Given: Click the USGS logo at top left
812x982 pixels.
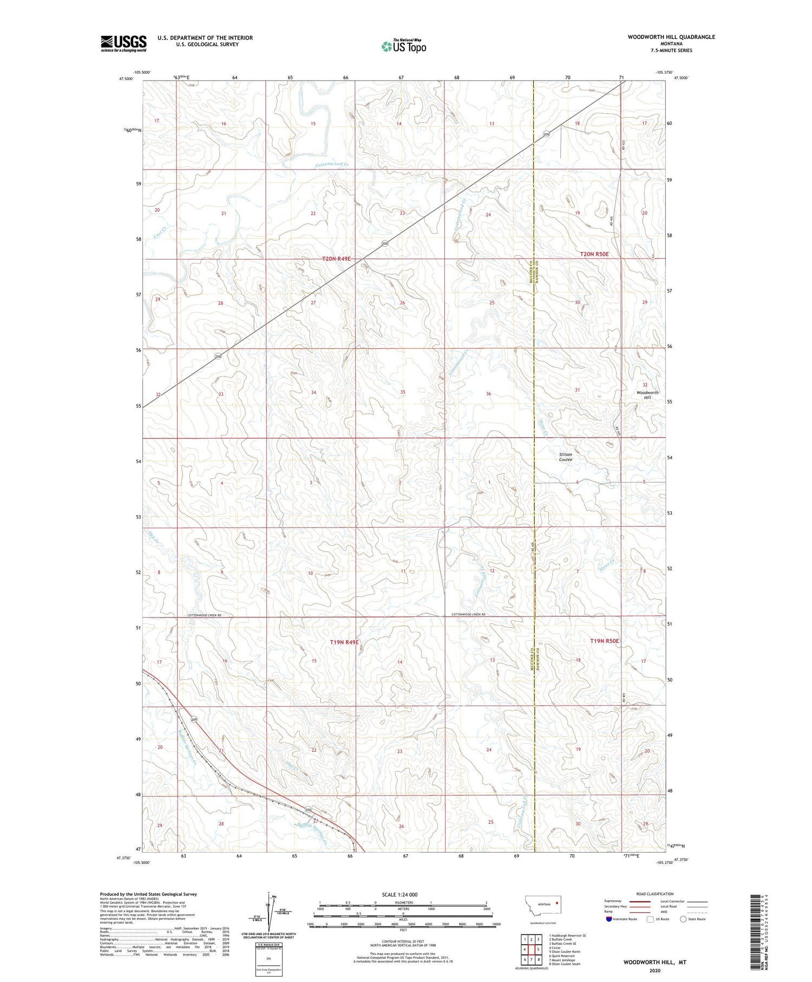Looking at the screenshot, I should (x=123, y=43).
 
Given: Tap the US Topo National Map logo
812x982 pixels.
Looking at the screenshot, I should (x=403, y=46).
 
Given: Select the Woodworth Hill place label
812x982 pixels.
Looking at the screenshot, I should (x=647, y=395).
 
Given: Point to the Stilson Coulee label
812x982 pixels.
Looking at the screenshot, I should (x=565, y=457).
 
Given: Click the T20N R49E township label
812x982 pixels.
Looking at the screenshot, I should (x=336, y=259).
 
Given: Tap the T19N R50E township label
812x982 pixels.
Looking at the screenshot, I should (x=604, y=641).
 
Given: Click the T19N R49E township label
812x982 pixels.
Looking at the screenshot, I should (x=344, y=642).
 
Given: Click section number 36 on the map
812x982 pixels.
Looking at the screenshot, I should (x=488, y=394).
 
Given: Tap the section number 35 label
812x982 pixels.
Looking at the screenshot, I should (x=402, y=392).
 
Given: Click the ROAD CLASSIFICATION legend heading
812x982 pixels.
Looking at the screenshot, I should (x=654, y=894).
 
